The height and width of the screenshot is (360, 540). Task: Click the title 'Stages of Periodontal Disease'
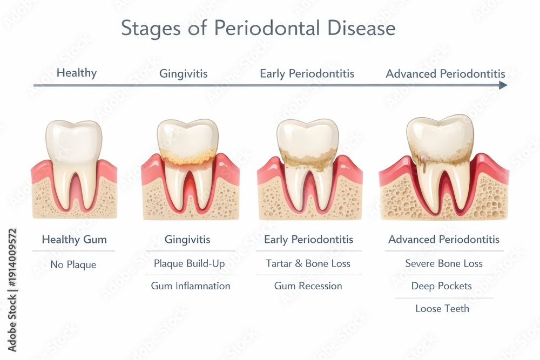tap(258, 28)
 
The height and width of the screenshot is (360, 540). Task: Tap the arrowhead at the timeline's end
tap(503, 85)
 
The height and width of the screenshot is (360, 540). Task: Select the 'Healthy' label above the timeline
tap(77, 73)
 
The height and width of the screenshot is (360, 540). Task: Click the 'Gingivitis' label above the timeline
tap(183, 73)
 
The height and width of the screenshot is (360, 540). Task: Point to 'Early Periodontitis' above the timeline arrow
tap(307, 73)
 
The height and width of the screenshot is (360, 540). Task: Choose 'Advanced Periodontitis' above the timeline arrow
tap(446, 73)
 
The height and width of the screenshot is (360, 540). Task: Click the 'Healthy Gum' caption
tap(74, 239)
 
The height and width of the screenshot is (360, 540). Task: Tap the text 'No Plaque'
tap(73, 264)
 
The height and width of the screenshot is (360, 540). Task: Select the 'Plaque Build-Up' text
tap(189, 263)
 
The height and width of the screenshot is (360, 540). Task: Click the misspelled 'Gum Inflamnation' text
tap(191, 286)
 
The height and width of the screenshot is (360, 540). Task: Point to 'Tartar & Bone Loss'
tap(308, 263)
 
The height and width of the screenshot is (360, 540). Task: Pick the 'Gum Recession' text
tap(308, 286)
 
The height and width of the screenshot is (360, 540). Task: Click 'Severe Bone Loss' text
tap(443, 263)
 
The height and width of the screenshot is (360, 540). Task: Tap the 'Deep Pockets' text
tap(442, 286)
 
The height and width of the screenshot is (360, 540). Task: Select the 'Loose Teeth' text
tap(442, 308)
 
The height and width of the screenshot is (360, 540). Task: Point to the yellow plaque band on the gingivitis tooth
tap(188, 155)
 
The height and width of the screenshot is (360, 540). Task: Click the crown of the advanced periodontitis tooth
tap(440, 136)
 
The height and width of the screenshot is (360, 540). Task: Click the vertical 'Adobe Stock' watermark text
tap(12, 290)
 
